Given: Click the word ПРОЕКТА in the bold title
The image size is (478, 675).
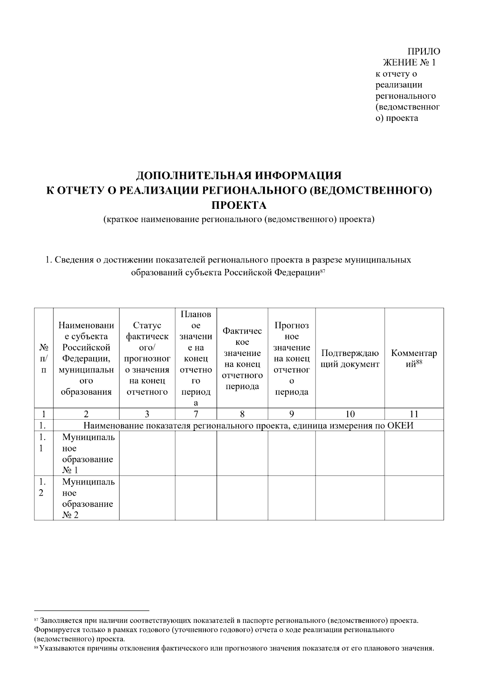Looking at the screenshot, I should pyautogui.click(x=239, y=206).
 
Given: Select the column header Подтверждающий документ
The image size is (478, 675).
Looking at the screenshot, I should pyautogui.click(x=350, y=359).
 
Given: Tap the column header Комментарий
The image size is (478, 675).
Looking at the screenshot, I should pyautogui.click(x=414, y=358).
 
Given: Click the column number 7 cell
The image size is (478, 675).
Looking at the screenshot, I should pyautogui.click(x=196, y=414).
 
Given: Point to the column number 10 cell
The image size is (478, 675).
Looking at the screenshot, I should pyautogui.click(x=350, y=414).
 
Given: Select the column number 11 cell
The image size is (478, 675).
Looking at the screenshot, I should pyautogui.click(x=414, y=414).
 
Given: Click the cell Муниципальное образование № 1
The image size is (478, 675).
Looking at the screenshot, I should pyautogui.click(x=86, y=454).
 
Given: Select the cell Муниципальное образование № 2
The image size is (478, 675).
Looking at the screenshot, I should pyautogui.click(x=86, y=498).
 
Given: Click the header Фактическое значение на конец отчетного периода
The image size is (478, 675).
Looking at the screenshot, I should pyautogui.click(x=242, y=358).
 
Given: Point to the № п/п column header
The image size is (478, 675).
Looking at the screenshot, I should pyautogui.click(x=43, y=358).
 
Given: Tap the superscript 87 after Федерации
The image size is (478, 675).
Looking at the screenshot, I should pyautogui.click(x=323, y=271).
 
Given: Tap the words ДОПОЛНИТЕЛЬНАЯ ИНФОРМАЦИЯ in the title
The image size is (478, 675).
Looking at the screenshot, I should pyautogui.click(x=239, y=175).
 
